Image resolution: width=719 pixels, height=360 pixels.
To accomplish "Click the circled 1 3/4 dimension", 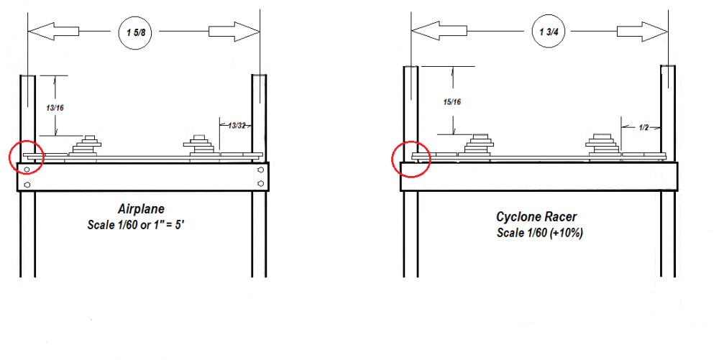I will click(541, 32).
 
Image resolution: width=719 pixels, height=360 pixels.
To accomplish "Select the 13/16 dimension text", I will click(53, 106).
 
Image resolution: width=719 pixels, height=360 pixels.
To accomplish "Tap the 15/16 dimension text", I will click(452, 102).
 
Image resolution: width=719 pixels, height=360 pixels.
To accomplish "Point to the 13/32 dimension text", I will click(235, 126).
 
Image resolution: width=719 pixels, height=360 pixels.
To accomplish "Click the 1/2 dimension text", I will click(644, 127).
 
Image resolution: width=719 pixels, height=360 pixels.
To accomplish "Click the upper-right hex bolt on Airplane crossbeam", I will click(260, 170).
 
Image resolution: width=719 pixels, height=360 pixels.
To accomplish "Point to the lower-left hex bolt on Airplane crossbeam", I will click(27, 185).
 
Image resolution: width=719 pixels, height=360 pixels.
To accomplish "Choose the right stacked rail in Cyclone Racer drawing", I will click(602, 144).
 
